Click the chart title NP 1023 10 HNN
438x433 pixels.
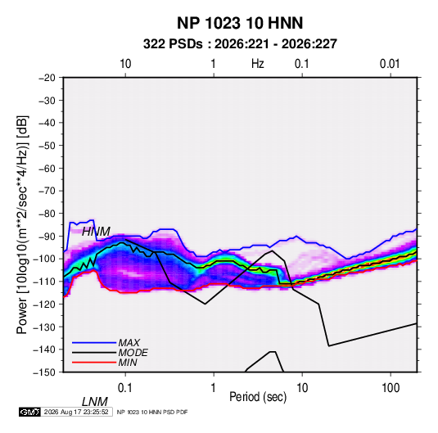240,23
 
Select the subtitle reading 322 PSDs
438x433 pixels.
173,44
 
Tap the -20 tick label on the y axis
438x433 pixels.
47,78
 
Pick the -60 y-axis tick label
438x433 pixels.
47,168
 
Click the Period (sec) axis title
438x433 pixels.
258,397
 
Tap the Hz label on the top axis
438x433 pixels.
258,64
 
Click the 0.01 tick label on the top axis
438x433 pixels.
390,64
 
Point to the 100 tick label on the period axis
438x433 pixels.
391,388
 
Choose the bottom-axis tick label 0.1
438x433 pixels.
125,388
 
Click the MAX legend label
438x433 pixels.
129,343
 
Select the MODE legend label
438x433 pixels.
133,353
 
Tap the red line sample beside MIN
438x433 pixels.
94,363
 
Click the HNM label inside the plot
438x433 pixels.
96,232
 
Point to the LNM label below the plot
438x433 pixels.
94,402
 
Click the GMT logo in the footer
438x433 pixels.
30,412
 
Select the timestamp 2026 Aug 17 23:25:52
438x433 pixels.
76,412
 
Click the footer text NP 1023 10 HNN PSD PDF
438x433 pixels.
152,412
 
